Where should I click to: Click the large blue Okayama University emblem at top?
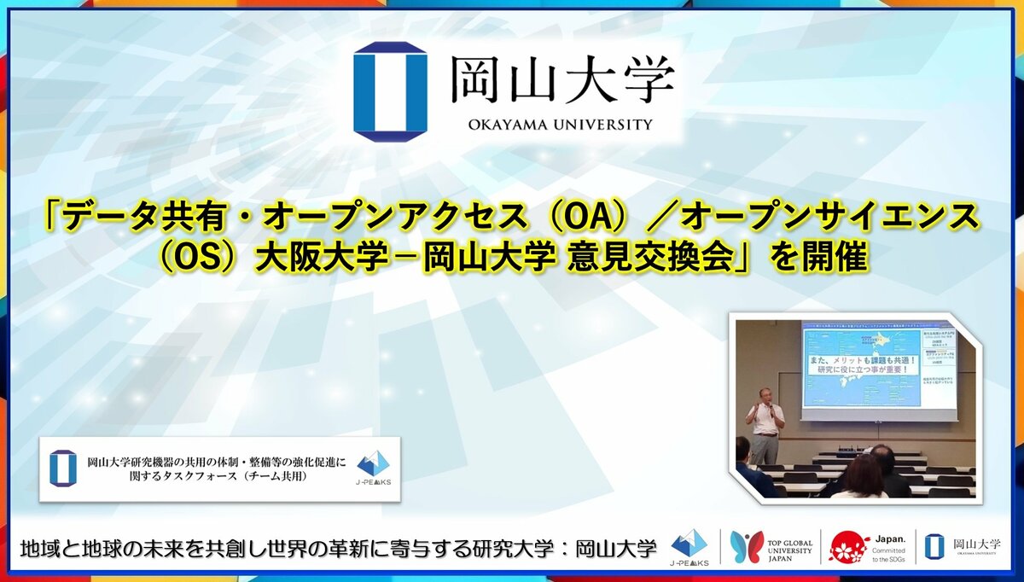(390, 90)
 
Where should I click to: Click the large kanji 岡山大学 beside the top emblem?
(562, 79)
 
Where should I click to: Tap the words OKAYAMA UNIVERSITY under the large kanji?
(560, 125)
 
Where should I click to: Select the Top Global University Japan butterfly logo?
(747, 547)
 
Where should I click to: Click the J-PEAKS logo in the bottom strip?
(689, 547)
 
